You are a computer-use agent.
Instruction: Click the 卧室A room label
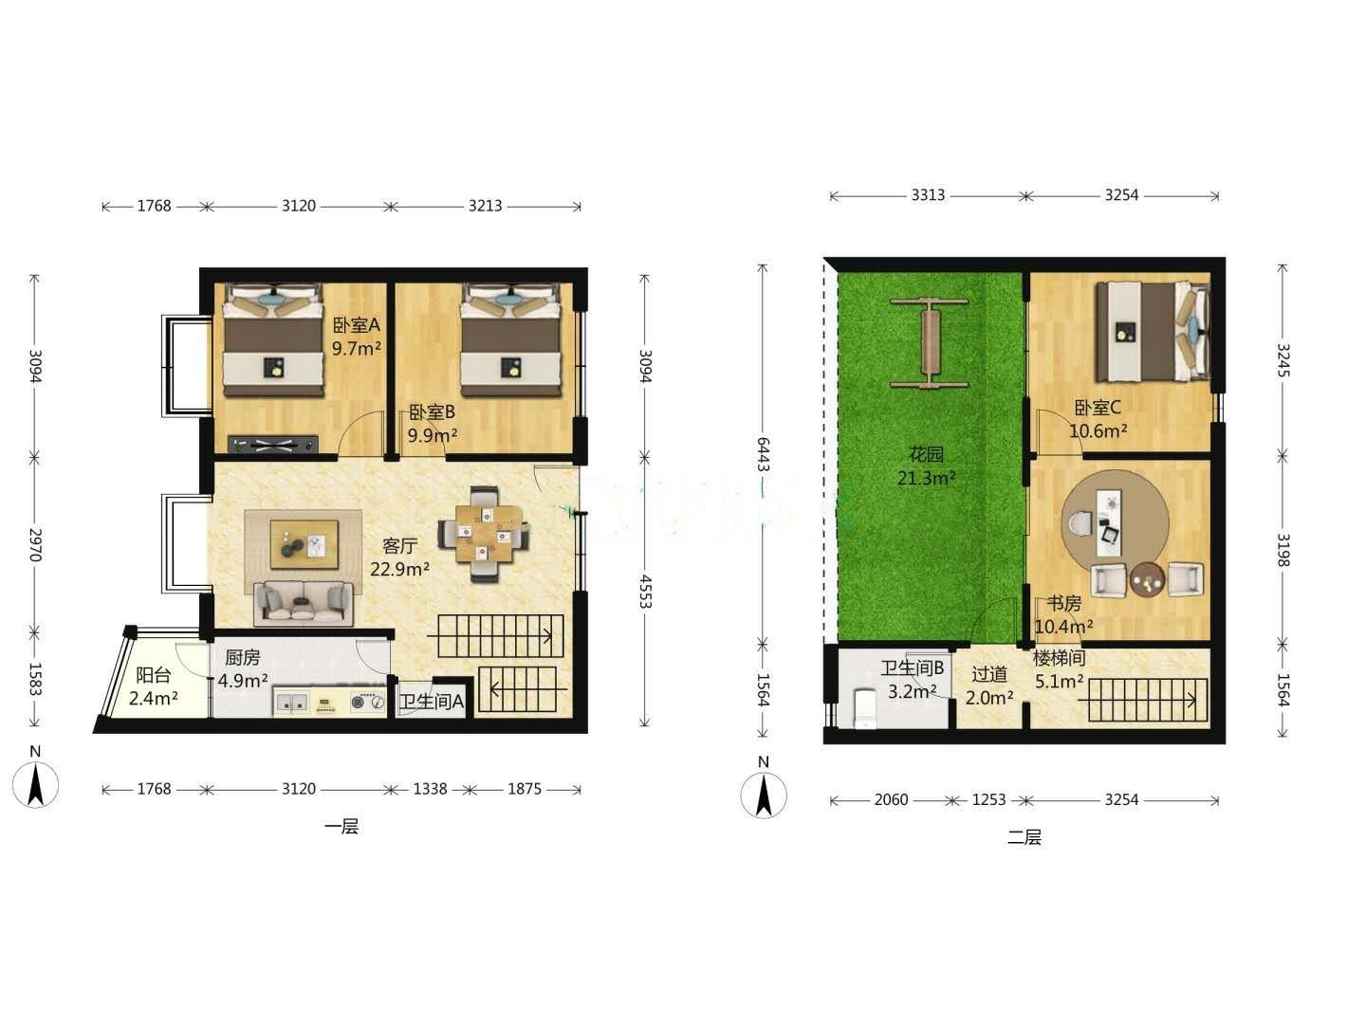click(356, 325)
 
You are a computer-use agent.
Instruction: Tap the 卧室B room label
click(432, 412)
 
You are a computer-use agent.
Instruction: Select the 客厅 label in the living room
click(399, 546)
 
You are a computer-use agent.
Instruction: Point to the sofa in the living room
click(303, 603)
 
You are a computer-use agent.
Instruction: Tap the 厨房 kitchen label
click(243, 657)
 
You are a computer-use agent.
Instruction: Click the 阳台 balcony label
click(153, 675)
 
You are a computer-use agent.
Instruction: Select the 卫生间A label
click(432, 702)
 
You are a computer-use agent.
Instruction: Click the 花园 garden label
click(926, 454)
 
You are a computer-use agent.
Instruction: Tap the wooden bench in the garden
click(930, 344)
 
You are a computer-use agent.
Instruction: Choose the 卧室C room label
click(1098, 408)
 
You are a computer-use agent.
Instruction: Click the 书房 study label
click(1063, 603)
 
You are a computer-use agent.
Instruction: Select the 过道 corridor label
click(988, 674)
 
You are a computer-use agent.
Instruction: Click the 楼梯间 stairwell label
click(1060, 658)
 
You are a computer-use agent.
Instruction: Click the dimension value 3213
click(486, 206)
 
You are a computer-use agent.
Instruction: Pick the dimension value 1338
click(430, 789)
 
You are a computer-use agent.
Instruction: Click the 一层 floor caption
click(341, 827)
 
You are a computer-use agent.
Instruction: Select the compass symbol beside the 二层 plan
click(764, 794)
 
